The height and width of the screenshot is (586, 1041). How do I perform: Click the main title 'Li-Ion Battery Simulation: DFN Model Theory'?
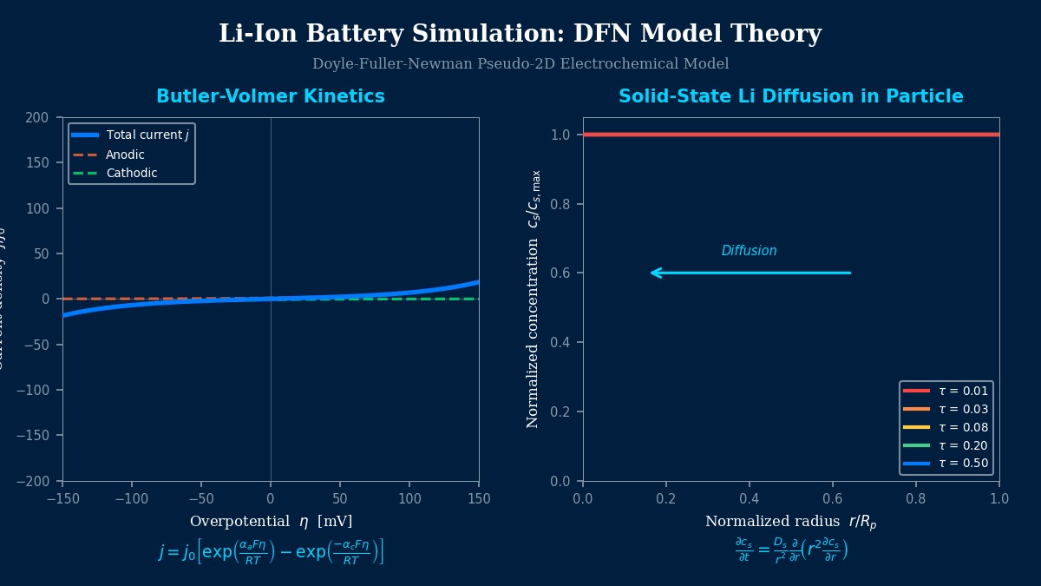click(x=520, y=34)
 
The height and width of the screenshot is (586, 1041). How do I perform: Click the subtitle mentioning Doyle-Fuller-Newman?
click(x=520, y=64)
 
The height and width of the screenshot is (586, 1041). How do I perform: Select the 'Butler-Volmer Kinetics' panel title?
click(x=270, y=96)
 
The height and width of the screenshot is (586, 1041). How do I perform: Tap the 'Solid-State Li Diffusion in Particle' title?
click(x=790, y=96)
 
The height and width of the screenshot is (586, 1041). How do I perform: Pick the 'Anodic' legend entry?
click(x=125, y=155)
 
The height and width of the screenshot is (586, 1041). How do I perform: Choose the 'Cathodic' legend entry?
click(x=131, y=174)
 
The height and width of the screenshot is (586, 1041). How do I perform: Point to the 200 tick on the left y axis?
click(x=37, y=118)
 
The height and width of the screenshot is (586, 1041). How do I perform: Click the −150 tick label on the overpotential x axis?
click(x=62, y=499)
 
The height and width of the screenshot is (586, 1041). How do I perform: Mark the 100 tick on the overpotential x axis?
click(x=409, y=499)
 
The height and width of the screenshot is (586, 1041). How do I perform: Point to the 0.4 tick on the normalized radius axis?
click(x=750, y=499)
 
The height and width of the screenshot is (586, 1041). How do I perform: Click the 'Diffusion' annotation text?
click(x=749, y=251)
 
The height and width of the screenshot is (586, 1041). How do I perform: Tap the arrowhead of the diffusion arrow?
click(x=653, y=273)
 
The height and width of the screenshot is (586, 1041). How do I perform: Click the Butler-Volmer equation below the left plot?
click(x=270, y=552)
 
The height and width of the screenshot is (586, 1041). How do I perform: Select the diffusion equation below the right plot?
click(x=790, y=550)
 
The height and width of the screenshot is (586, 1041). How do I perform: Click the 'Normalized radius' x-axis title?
click(x=790, y=522)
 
